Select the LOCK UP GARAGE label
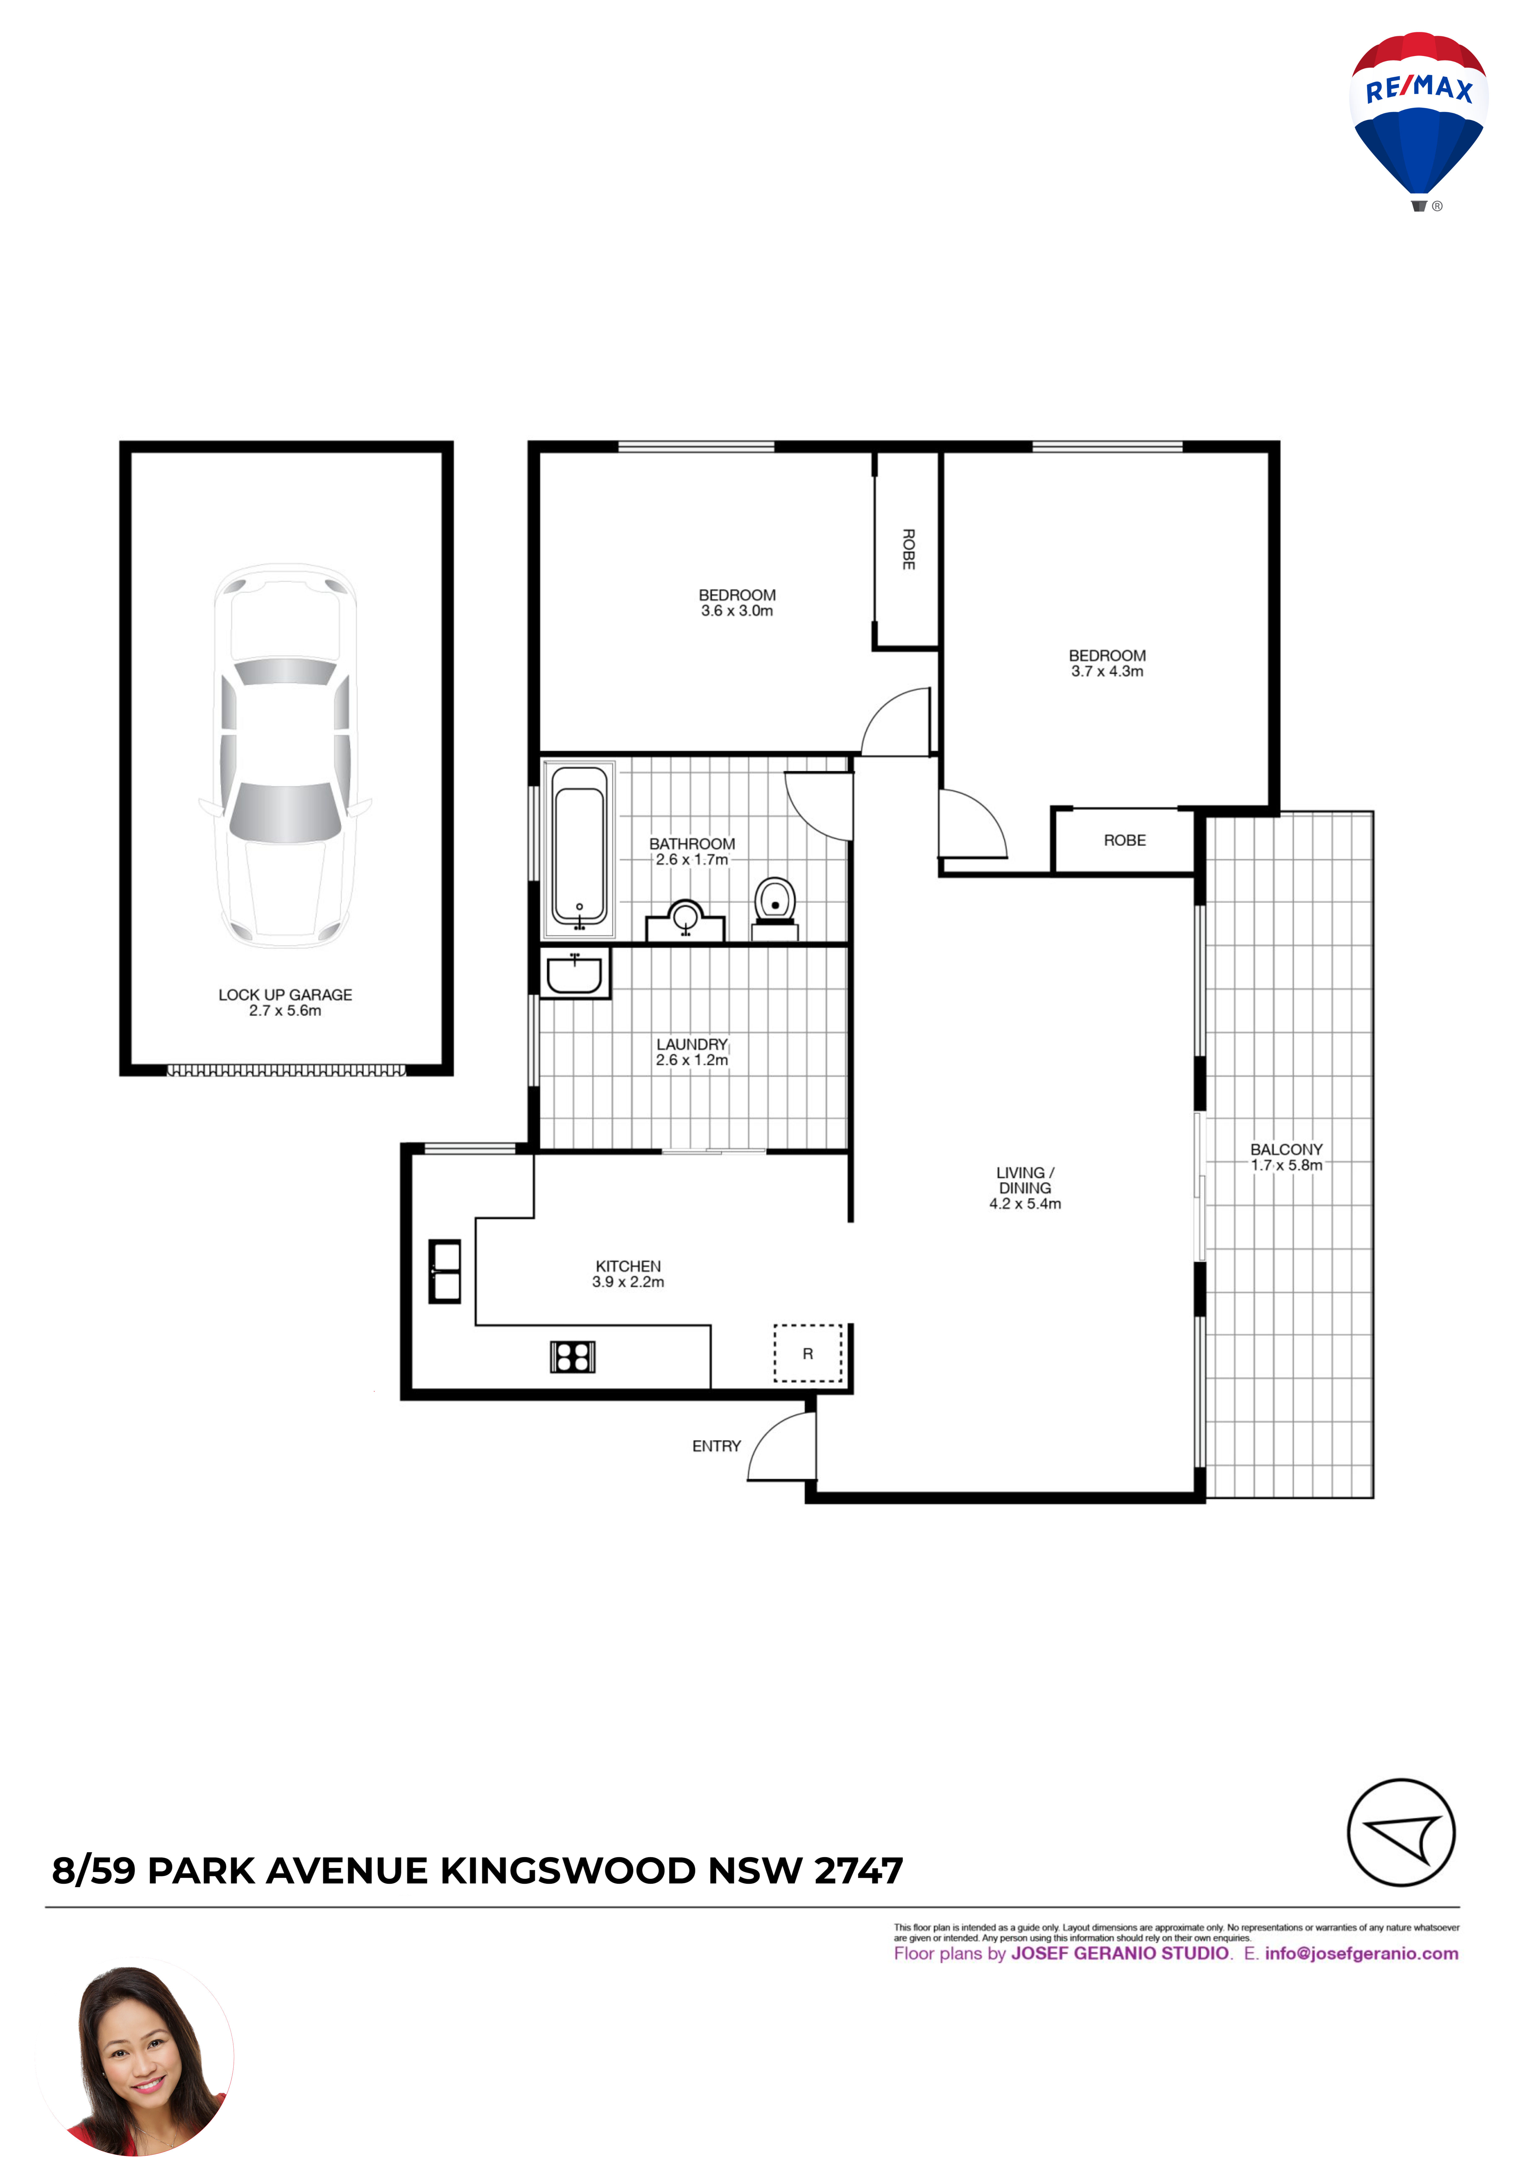tap(285, 995)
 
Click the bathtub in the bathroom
tap(579, 848)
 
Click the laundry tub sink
tap(574, 973)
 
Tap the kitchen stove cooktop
tap(572, 1357)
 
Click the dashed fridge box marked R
tap(808, 1353)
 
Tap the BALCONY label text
tap(1286, 1150)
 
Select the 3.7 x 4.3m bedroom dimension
tap(1107, 672)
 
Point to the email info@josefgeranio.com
tap(1362, 1954)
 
